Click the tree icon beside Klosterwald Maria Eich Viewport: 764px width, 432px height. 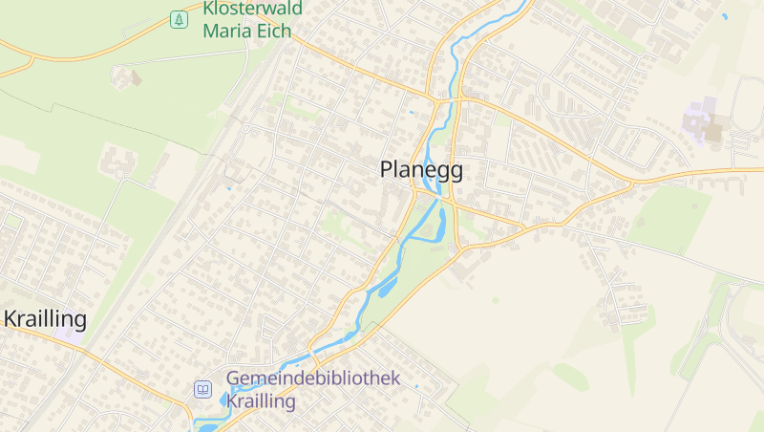(179, 19)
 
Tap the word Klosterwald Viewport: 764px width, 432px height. (252, 9)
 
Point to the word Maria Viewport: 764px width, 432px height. (229, 30)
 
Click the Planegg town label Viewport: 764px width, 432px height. (421, 170)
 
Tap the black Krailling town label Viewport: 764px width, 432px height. (45, 318)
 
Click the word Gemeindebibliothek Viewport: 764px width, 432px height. (313, 378)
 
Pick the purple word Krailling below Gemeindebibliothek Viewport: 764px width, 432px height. (261, 401)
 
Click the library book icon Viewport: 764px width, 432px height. (202, 389)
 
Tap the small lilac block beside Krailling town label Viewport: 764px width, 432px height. (69, 335)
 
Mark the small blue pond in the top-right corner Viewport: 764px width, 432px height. (725, 16)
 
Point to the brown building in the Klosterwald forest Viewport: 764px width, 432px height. (126, 76)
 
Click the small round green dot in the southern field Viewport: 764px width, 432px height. (495, 300)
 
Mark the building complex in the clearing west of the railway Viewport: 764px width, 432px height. (119, 162)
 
